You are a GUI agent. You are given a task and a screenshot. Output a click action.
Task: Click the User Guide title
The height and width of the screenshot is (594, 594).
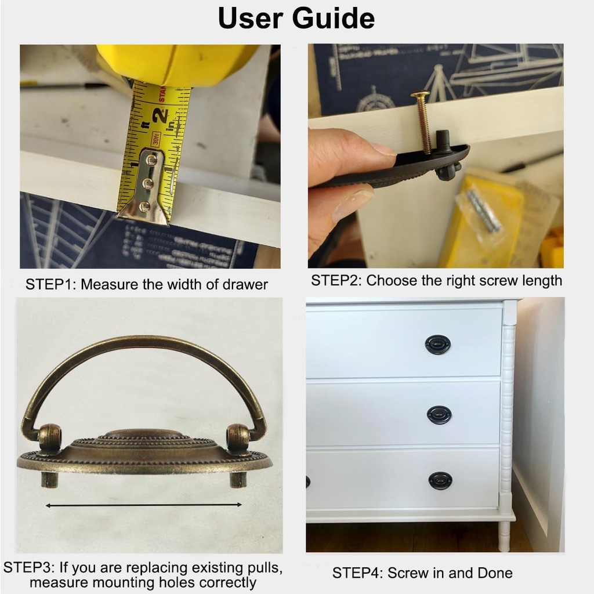point(296,18)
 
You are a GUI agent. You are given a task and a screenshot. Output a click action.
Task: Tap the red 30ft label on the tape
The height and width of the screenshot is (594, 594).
point(155,139)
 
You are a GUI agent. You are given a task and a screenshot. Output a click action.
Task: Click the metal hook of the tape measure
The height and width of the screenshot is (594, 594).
point(146,187)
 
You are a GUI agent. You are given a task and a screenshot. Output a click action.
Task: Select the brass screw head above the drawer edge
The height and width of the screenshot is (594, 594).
point(420,93)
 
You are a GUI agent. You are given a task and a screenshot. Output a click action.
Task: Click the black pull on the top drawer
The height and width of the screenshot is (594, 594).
point(437,345)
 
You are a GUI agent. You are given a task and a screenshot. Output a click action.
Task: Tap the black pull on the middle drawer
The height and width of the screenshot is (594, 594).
point(439,415)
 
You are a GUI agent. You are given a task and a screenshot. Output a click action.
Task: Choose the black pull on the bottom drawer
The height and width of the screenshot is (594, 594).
point(440,481)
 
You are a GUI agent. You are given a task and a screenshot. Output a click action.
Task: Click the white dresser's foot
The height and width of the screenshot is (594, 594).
point(504,537)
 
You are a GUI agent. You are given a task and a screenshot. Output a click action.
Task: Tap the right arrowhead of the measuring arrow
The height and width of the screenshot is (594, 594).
point(240,505)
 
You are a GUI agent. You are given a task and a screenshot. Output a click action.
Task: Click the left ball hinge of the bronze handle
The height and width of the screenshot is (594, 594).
point(50,435)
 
